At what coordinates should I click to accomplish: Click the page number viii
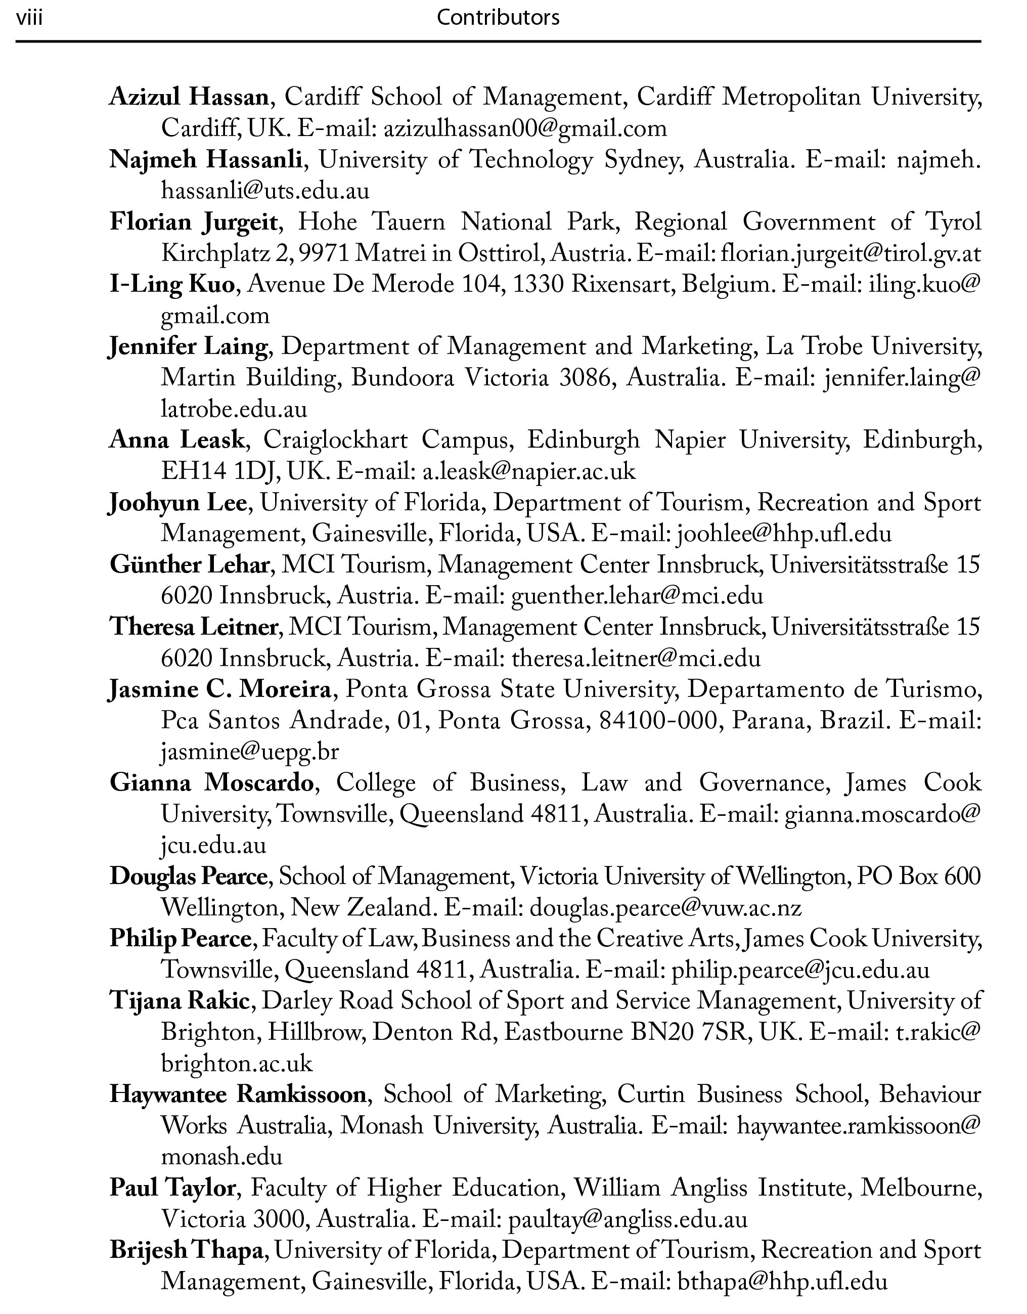pos(29,17)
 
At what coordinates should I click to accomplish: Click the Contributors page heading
pos(498,17)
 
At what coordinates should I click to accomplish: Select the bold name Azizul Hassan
pos(188,97)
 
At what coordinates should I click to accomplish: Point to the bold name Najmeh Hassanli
pos(206,160)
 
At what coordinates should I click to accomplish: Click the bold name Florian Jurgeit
pos(194,222)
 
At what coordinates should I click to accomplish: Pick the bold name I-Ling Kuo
pos(172,284)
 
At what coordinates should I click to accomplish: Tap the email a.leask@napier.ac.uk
pos(529,471)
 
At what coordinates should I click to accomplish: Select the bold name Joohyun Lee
pos(177,503)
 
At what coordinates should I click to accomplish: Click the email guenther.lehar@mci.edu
pos(637,596)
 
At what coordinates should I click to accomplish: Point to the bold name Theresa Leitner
pos(193,627)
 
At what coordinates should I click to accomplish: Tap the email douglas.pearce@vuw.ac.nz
pos(665,907)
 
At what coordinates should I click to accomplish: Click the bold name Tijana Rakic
pos(180,1000)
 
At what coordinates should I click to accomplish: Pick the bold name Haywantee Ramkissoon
pos(238,1094)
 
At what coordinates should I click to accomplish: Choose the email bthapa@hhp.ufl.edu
pos(782,1282)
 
